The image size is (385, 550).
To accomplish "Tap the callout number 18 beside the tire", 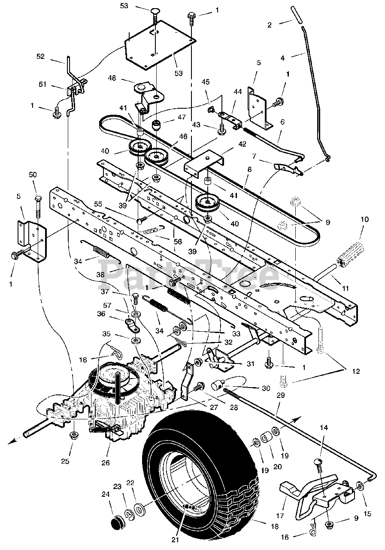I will click(274, 526).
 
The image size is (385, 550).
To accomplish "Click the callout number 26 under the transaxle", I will click(105, 463).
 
